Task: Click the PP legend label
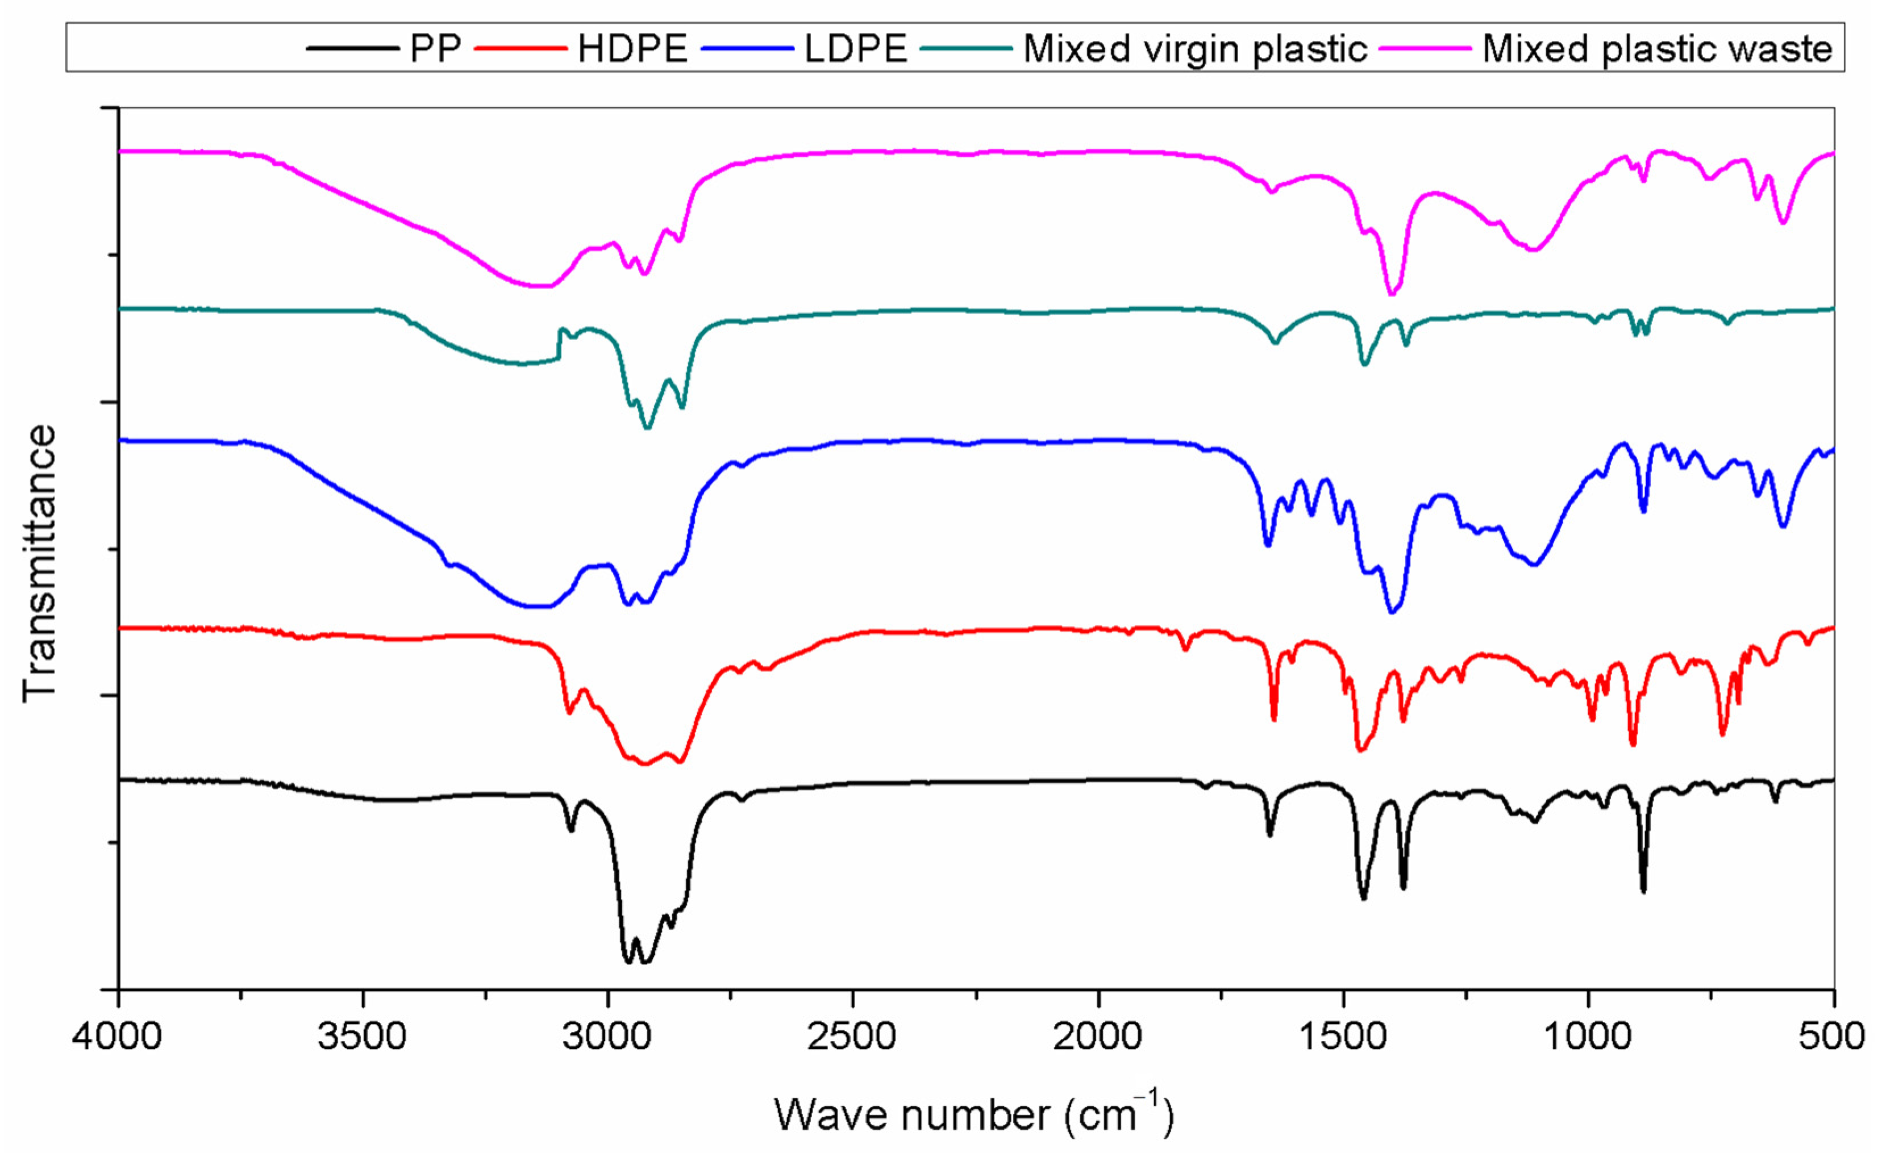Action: [x=435, y=49]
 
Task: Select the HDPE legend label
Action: [x=632, y=49]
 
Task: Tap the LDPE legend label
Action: [x=855, y=49]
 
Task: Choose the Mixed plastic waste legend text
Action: [x=1656, y=49]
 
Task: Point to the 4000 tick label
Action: [x=117, y=1037]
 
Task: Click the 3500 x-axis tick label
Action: [x=362, y=1037]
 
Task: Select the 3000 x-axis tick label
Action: [x=608, y=1037]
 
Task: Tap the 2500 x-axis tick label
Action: [x=852, y=1037]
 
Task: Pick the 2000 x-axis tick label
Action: [x=1098, y=1037]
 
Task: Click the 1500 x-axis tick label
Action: [x=1343, y=1037]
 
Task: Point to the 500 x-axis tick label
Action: [x=1833, y=1037]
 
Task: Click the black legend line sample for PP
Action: [x=353, y=49]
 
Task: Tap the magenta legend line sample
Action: [x=1425, y=49]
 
